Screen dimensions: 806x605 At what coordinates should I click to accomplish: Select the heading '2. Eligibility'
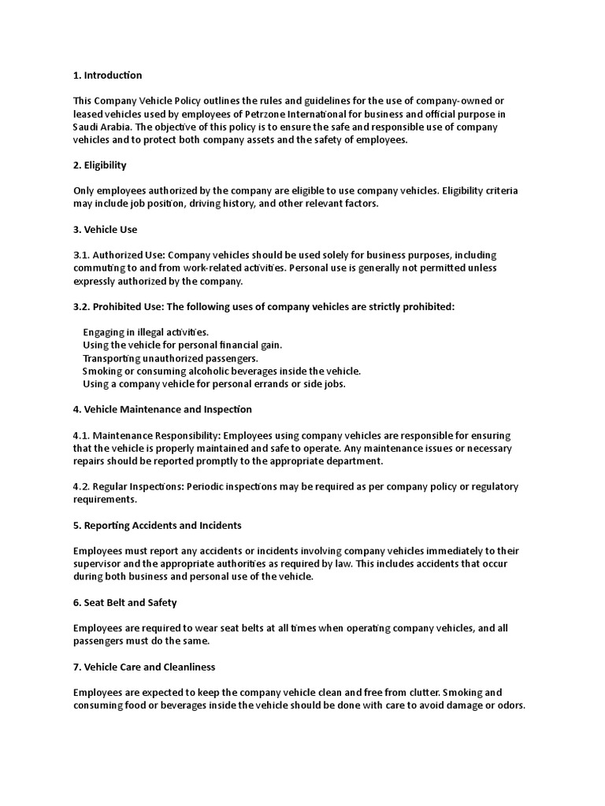100,165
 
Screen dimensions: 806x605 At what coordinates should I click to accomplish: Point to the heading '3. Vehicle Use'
105,230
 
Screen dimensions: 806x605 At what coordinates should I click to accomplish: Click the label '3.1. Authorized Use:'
119,255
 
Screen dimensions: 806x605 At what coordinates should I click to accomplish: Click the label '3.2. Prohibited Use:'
120,307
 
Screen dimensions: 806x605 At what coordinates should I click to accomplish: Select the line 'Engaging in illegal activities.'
146,332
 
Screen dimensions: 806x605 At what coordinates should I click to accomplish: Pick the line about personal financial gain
182,345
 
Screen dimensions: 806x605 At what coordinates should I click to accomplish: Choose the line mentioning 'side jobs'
214,384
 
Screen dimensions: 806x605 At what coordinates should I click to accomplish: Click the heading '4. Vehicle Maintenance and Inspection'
163,409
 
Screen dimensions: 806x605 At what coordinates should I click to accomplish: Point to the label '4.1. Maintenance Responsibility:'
145,435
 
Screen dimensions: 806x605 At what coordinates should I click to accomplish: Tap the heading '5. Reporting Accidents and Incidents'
158,525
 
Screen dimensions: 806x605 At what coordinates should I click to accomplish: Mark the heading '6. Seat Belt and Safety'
125,602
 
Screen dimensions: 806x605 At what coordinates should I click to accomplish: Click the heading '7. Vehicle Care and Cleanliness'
144,667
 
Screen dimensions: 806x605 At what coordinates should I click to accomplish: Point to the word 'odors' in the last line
508,705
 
